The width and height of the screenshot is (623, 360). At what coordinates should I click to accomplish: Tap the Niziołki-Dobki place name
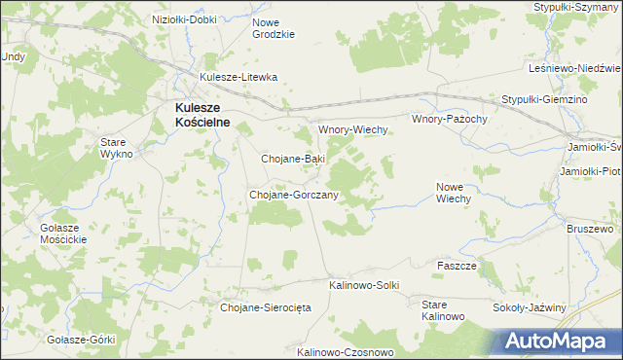[185, 19]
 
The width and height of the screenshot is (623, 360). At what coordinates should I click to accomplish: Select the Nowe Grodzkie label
[273, 27]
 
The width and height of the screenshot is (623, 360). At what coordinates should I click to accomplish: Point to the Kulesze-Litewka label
[238, 77]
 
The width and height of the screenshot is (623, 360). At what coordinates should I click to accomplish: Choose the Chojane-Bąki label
[293, 158]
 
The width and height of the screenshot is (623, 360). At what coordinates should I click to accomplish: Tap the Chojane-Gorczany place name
[294, 195]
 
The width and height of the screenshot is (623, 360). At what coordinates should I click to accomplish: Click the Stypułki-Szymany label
[577, 7]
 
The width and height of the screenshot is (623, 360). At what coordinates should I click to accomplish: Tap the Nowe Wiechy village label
[454, 192]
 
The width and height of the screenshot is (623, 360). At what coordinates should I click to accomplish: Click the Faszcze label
[457, 266]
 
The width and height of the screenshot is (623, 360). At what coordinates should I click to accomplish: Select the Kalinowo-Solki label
[364, 285]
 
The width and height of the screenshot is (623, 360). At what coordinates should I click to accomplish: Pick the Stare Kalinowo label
[444, 311]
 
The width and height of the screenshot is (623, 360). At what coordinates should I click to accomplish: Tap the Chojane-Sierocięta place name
[266, 307]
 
